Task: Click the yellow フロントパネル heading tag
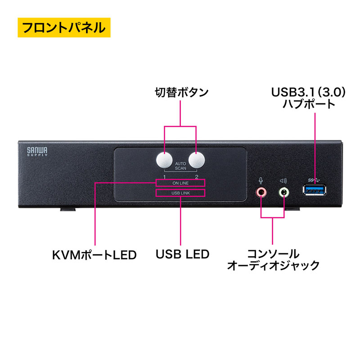[x=63, y=28]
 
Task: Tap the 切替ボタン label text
[x=180, y=93]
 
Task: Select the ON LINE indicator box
[x=180, y=183]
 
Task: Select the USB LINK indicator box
[x=180, y=193]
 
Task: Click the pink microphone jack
[x=261, y=193]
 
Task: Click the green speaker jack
[x=284, y=193]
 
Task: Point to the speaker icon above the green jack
[x=283, y=180]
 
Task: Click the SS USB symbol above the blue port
[x=314, y=180]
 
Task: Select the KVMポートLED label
[x=94, y=255]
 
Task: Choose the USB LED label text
[x=182, y=254]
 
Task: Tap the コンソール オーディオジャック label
[x=273, y=259]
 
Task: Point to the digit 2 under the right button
[x=197, y=177]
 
